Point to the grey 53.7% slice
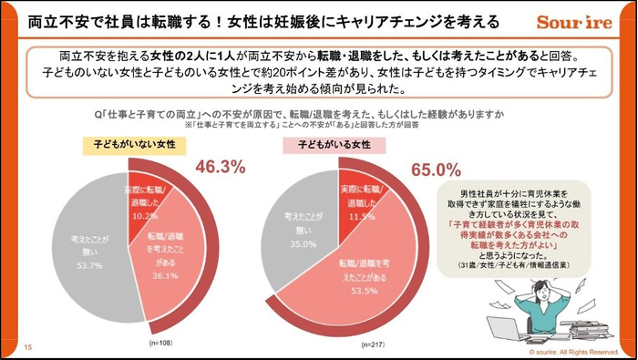click(x=91, y=251)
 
